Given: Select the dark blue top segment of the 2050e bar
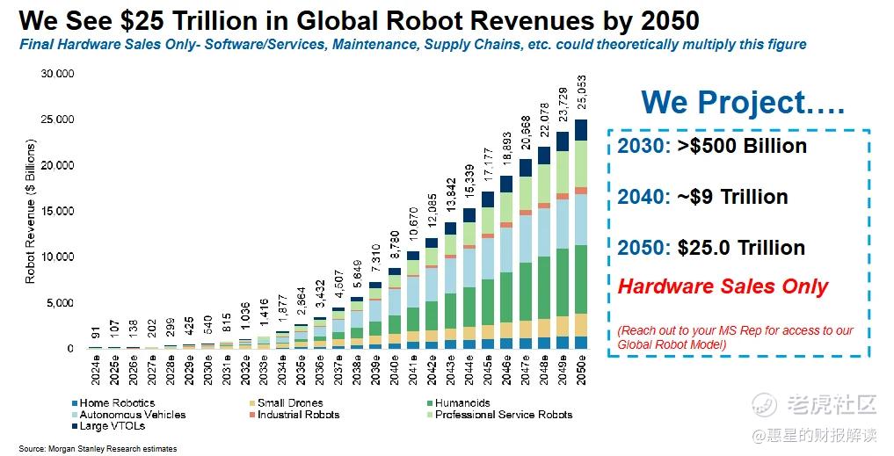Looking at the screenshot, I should click(x=582, y=130).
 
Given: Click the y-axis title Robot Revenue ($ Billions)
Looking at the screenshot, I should click(x=30, y=211).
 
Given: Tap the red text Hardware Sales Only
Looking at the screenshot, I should click(x=723, y=286).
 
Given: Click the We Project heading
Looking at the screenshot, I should click(x=742, y=103).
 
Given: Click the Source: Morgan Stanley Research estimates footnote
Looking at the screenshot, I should click(x=98, y=449).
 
